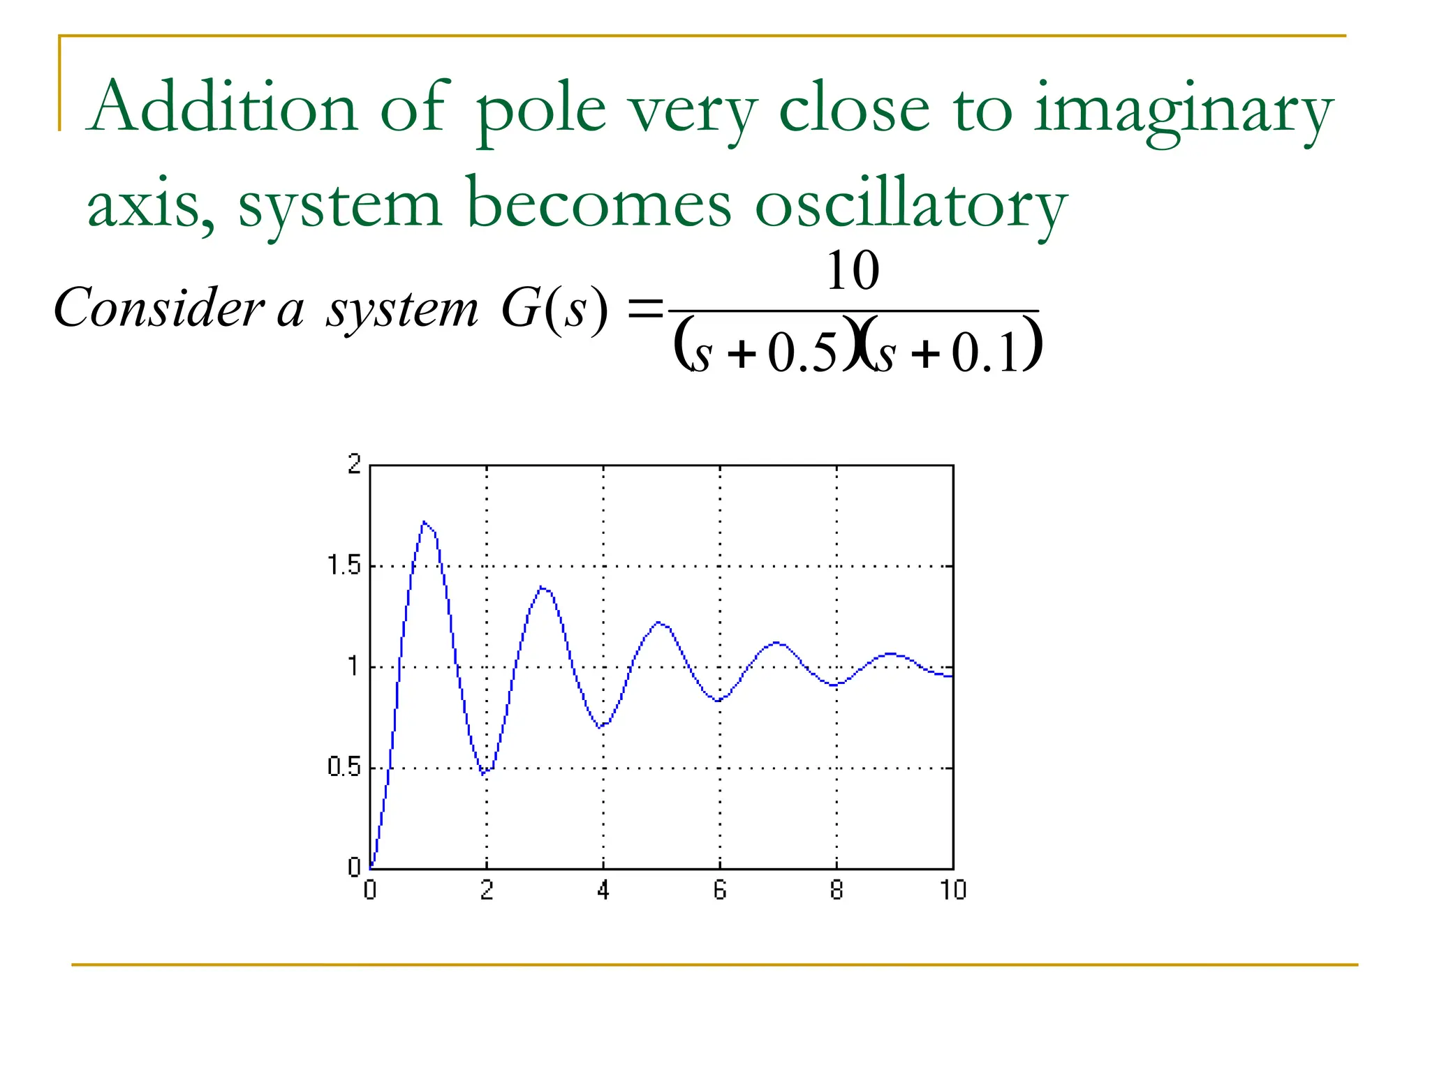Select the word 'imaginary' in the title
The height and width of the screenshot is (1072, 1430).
tap(1183, 112)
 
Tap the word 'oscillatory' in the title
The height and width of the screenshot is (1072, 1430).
tap(911, 206)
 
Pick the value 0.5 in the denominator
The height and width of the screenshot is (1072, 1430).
tap(802, 353)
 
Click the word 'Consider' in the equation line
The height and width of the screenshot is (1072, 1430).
tap(159, 308)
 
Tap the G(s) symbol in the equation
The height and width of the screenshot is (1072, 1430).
tap(554, 308)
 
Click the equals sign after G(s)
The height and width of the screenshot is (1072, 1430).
tap(644, 308)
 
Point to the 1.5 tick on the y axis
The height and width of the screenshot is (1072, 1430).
tap(344, 565)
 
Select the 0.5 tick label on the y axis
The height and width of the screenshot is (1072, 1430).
tap(344, 768)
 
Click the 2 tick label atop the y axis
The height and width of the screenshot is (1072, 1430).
tap(354, 464)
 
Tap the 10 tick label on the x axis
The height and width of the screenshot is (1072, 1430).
tap(952, 891)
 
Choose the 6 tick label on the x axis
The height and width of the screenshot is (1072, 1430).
tap(720, 891)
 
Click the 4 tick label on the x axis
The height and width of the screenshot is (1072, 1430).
tap(603, 891)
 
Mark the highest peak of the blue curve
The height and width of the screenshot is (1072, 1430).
tap(425, 522)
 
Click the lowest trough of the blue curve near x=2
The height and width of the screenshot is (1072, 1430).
tap(483, 774)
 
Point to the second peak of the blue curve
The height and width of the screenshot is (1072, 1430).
tap(543, 588)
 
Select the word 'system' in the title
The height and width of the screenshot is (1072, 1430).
tap(340, 206)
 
